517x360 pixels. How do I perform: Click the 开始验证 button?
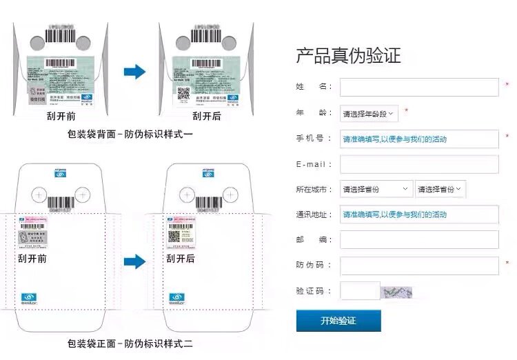coord(338,321)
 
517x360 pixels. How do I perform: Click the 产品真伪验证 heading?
coord(348,56)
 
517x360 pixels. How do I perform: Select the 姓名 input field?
coord(419,88)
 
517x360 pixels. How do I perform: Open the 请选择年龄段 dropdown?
coord(369,113)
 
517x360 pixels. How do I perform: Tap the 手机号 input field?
coord(419,139)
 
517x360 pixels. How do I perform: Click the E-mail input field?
coord(419,164)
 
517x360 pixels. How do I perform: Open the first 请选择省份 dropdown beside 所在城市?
coord(376,189)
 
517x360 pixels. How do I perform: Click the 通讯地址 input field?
coord(419,214)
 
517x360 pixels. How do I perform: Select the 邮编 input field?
coord(419,240)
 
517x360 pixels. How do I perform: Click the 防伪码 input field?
coord(419,266)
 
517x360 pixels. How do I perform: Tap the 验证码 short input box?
coord(359,291)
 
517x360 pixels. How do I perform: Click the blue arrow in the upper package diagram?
coord(135,72)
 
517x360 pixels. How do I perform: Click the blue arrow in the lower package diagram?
coord(135,261)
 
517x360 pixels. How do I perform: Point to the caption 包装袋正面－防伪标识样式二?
coord(130,343)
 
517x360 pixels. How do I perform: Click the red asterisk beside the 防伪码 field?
coord(507,263)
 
